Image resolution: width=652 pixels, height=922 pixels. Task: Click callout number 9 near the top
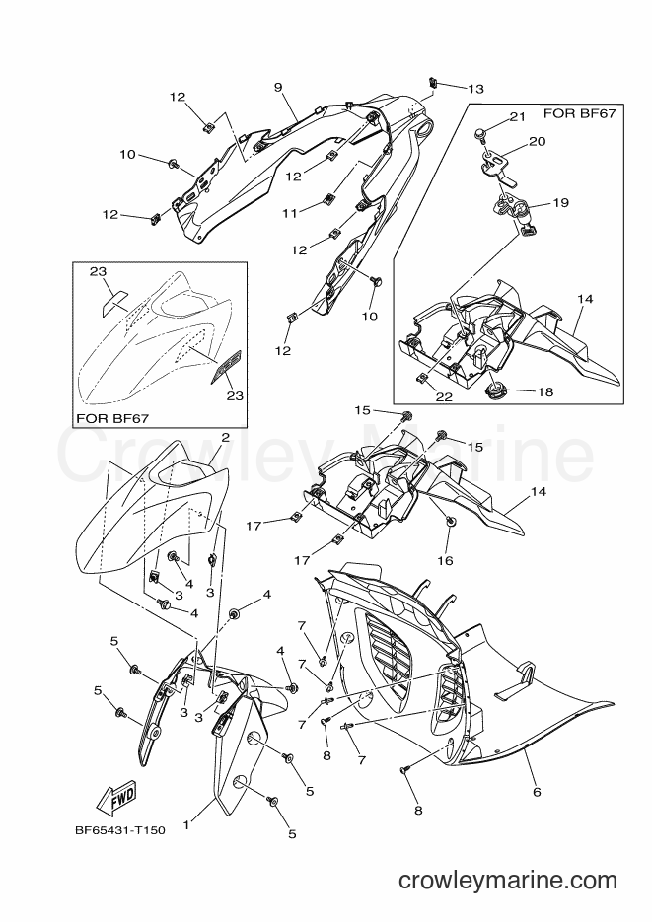(278, 88)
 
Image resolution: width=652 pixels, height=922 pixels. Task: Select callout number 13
(475, 89)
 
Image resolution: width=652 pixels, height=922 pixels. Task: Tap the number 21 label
(518, 117)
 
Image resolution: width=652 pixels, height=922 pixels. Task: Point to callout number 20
(538, 141)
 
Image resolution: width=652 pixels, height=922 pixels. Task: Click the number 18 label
(545, 391)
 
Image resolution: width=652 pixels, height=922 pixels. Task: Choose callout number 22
(445, 397)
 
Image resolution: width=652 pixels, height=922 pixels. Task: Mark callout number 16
(445, 560)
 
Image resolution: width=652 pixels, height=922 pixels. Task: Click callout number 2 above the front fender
(225, 438)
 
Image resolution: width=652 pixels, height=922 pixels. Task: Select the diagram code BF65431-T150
(120, 831)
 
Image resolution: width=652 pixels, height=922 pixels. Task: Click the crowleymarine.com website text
(508, 881)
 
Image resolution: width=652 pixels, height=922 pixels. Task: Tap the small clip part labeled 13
(432, 81)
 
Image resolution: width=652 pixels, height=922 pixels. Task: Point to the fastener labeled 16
(450, 520)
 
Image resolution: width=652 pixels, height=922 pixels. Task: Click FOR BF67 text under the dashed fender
(112, 418)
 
